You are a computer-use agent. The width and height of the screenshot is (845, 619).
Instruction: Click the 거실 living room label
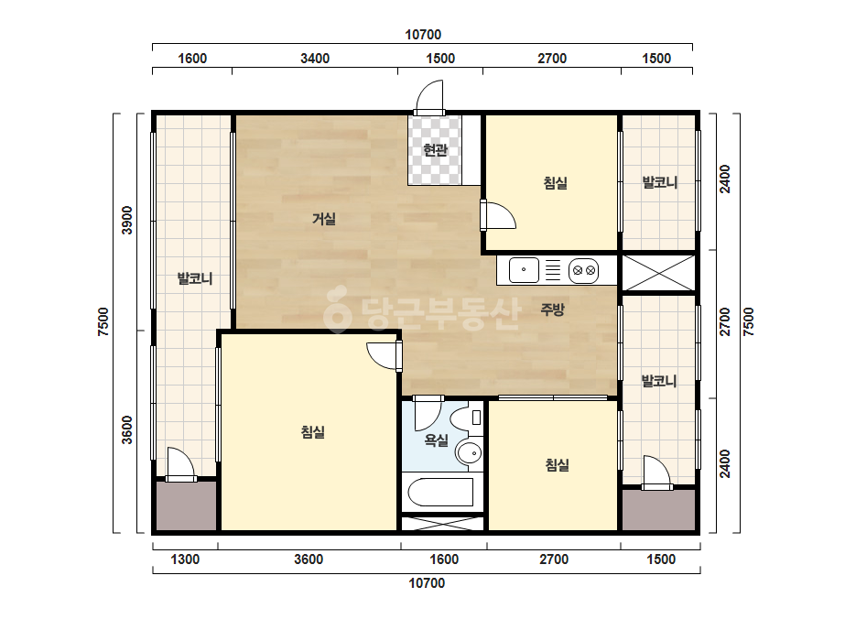coord(324,219)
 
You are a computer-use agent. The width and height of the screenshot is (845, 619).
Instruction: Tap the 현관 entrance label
coord(435,149)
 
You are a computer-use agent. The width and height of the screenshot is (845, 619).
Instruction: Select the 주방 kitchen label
coord(552,309)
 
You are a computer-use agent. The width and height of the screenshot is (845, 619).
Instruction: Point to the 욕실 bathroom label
coord(437,440)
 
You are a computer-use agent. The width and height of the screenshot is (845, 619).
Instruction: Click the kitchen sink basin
coord(524,270)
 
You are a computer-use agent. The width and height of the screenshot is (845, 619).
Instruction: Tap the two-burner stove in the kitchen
coord(584,270)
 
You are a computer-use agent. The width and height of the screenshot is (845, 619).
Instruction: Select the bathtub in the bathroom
coord(441,492)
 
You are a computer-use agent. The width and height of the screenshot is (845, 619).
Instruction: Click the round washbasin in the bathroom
coord(469,453)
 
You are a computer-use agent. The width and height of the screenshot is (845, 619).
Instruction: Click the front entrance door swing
coord(429,97)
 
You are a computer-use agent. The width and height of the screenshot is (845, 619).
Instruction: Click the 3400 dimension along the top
coord(315,59)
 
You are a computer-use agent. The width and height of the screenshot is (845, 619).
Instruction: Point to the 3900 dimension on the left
coord(126,220)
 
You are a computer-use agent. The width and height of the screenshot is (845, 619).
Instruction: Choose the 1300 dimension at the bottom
coord(185,559)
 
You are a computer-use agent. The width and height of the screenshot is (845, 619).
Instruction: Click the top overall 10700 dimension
coord(423,35)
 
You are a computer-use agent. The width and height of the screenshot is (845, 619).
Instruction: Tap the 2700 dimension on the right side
coord(725,322)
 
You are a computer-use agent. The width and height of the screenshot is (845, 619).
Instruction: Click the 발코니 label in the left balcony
coord(195,278)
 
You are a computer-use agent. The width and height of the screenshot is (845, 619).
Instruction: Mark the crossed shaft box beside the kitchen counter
coord(658,273)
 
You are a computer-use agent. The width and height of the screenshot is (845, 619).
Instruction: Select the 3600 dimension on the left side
coord(126,429)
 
